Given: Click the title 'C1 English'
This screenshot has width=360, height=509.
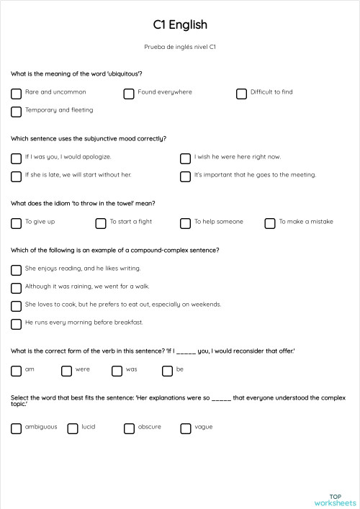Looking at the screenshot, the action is tap(180, 24).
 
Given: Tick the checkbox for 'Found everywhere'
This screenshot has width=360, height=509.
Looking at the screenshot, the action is tap(129, 94).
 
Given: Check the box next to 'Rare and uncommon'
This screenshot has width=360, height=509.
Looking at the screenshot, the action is tap(16, 94).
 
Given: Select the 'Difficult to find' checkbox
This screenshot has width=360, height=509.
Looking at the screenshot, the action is tap(241, 94).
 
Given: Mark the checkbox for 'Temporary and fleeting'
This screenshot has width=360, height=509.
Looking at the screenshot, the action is tap(16, 112).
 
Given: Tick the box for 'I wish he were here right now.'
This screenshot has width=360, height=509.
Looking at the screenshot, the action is tap(185, 158).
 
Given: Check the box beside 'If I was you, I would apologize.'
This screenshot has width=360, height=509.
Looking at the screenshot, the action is tap(16, 158).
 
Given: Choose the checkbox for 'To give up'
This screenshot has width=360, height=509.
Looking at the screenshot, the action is tap(16, 223).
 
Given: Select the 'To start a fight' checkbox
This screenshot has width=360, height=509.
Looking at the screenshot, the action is tap(101, 223).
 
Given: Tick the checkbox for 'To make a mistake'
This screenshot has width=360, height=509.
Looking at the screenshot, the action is tap(270, 223).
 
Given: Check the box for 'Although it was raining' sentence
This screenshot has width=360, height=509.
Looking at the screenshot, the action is tap(16, 288).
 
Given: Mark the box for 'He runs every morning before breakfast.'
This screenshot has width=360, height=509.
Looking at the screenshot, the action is tap(16, 324).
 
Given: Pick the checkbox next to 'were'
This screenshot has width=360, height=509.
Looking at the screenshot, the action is tap(66, 371).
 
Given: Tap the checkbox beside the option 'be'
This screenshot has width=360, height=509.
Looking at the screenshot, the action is tap(167, 371).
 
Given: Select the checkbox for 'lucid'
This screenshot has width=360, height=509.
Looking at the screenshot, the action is tap(72, 428).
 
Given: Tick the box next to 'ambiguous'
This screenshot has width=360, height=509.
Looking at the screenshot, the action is tap(16, 428).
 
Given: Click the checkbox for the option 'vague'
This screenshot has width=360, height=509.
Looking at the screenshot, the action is tap(185, 428).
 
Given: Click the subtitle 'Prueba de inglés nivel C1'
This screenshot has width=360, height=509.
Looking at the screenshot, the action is tap(180, 48).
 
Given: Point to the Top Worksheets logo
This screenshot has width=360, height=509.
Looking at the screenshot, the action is tap(335, 500).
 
